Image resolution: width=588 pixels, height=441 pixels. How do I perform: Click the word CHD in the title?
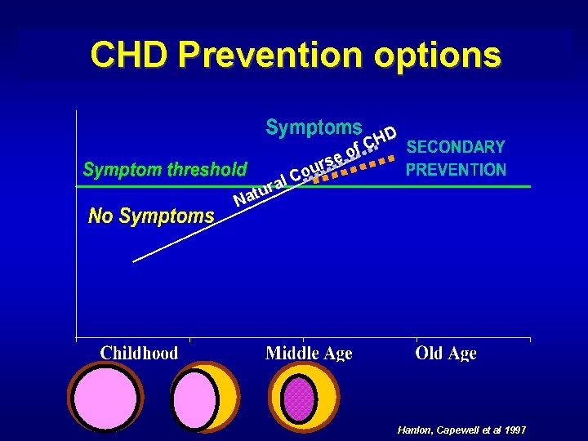pyautogui.click(x=131, y=55)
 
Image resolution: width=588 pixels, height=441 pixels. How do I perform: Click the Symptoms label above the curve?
pyautogui.click(x=314, y=127)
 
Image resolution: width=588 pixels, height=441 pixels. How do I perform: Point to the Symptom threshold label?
pyautogui.click(x=165, y=170)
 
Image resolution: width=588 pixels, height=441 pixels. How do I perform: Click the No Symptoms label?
pyautogui.click(x=151, y=216)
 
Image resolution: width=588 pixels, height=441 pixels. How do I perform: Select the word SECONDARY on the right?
pyautogui.click(x=456, y=147)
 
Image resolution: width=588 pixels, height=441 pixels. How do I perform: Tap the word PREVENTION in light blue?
pyautogui.click(x=456, y=170)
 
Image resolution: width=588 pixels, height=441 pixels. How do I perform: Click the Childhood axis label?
pyautogui.click(x=139, y=353)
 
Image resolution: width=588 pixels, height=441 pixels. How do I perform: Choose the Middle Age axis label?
pyautogui.click(x=309, y=353)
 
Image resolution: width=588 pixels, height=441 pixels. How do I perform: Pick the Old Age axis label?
pyautogui.click(x=446, y=353)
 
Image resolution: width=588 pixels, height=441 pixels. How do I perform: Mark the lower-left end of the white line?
pyautogui.click(x=134, y=261)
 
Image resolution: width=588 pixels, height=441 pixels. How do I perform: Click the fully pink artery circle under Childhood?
pyautogui.click(x=105, y=397)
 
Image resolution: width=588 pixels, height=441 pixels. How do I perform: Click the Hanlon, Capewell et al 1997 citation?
pyautogui.click(x=461, y=430)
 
